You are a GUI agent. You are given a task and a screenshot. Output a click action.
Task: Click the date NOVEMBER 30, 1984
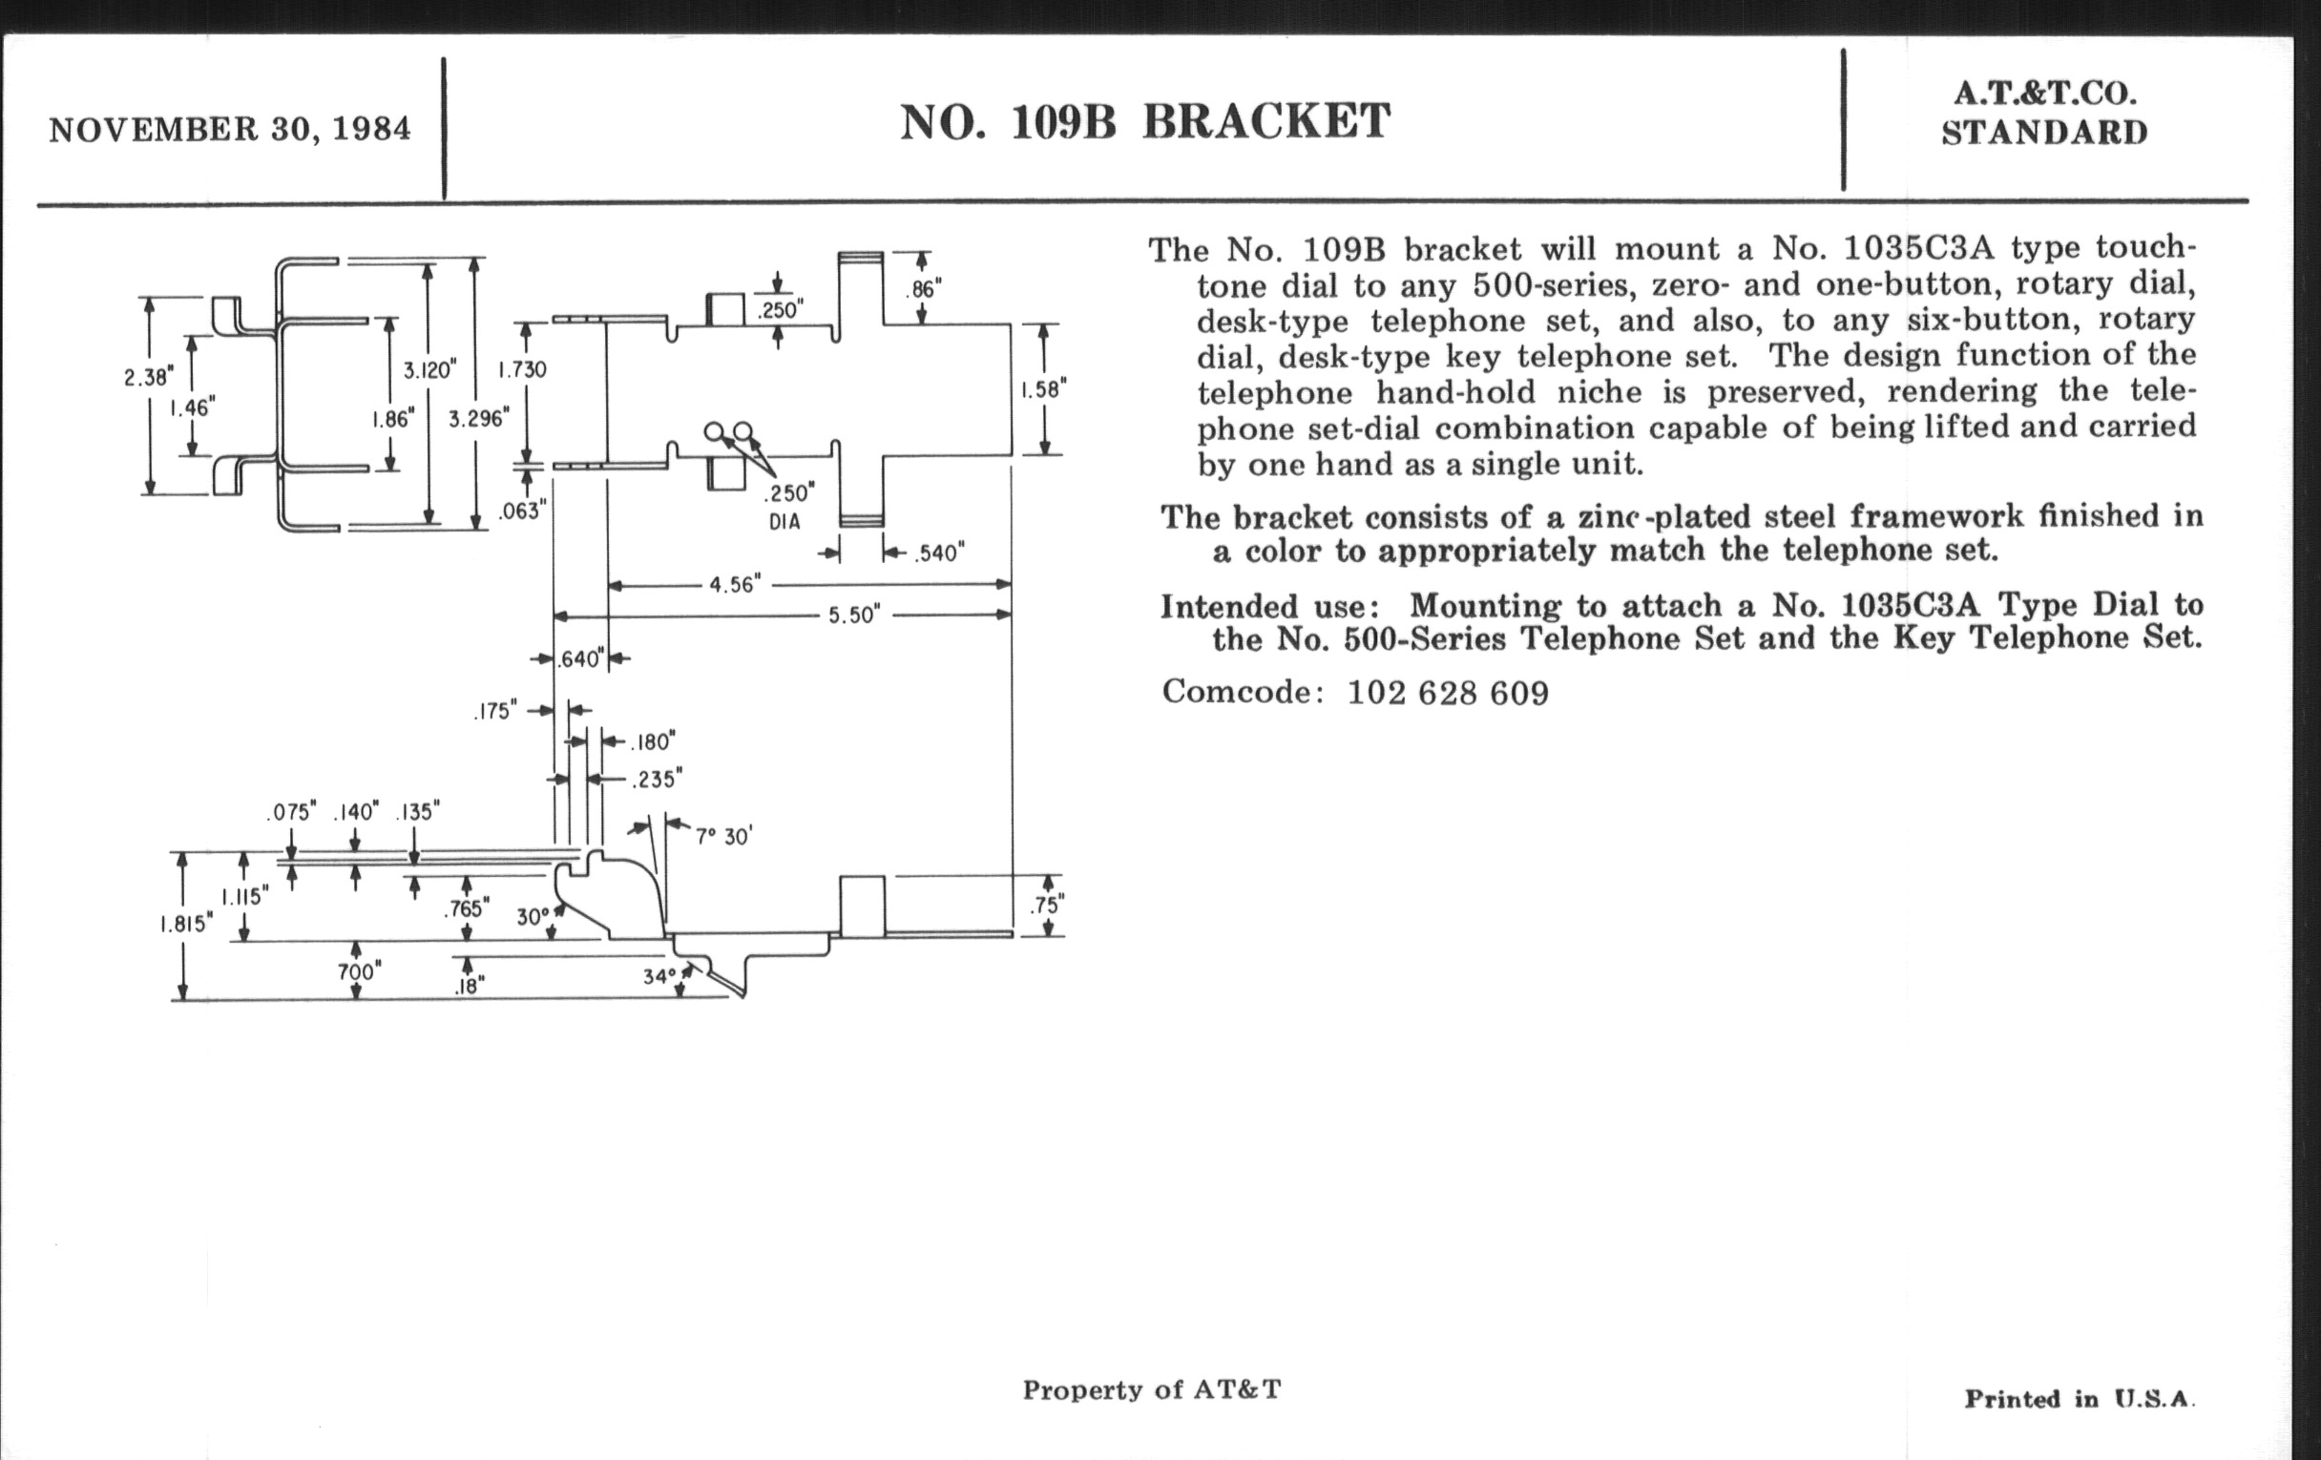[229, 129]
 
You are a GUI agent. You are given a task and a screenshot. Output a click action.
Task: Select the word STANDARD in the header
[2043, 133]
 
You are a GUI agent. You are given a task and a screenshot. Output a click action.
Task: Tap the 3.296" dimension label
[478, 419]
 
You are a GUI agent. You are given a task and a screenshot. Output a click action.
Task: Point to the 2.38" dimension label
[149, 377]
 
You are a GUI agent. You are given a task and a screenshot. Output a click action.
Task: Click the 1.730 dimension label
[522, 370]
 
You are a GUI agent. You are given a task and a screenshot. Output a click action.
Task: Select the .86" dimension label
[923, 288]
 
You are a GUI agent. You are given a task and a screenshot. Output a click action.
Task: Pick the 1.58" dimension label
[1043, 389]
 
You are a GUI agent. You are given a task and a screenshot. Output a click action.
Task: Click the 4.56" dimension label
[735, 585]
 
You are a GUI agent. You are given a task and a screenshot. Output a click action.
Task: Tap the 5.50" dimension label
[854, 615]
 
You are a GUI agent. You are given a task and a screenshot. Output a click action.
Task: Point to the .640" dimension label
[581, 660]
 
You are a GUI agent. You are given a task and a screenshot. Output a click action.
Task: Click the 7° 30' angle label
[722, 837]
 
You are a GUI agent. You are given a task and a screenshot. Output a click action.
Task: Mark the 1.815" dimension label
[184, 924]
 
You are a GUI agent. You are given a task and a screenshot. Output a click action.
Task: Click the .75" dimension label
[1045, 905]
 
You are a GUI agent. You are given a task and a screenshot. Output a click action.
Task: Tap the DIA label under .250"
[784, 522]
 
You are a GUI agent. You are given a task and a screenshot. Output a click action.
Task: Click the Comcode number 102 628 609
[1447, 694]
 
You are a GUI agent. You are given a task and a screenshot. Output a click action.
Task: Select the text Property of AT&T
[1152, 1389]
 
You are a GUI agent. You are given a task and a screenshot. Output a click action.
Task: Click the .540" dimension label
[936, 553]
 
